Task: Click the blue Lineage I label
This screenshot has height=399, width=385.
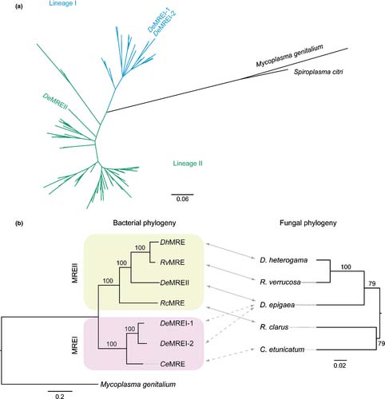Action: pyautogui.click(x=63, y=4)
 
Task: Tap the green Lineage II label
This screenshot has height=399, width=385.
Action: pyautogui.click(x=188, y=164)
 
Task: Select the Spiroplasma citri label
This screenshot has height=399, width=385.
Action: pyautogui.click(x=319, y=72)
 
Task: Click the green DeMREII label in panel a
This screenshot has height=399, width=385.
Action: pyautogui.click(x=55, y=101)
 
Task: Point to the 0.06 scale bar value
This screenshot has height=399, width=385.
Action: pyautogui.click(x=182, y=199)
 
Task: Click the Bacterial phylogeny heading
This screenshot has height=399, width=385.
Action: pyautogui.click(x=145, y=223)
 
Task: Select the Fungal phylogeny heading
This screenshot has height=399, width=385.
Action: pyautogui.click(x=308, y=223)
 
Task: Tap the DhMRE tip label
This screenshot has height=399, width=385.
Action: pyautogui.click(x=173, y=243)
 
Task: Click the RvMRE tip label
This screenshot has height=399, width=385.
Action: pyautogui.click(x=173, y=263)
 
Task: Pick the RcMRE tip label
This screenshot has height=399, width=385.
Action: pyautogui.click(x=173, y=303)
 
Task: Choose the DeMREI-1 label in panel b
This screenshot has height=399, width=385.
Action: pyautogui.click(x=177, y=323)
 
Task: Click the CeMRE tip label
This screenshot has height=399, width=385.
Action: pyautogui.click(x=173, y=364)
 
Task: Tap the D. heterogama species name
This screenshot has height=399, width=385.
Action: pyautogui.click(x=284, y=260)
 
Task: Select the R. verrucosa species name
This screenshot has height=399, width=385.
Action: pyautogui.click(x=280, y=282)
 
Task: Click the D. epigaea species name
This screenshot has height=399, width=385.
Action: pyautogui.click(x=277, y=305)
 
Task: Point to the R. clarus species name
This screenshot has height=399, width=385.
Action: pyautogui.click(x=274, y=327)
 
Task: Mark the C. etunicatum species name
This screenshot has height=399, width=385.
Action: pyautogui.click(x=282, y=350)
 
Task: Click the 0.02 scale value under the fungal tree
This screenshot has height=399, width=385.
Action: pyautogui.click(x=339, y=365)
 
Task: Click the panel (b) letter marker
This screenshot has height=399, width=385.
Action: pyautogui.click(x=19, y=223)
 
